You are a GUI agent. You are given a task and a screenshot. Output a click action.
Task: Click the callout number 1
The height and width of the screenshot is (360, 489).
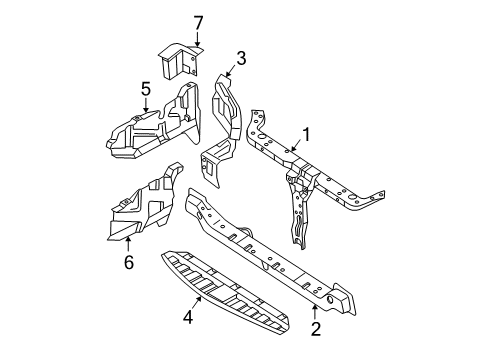(x=307, y=134)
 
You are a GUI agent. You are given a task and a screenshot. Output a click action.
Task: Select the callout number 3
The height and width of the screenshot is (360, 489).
(x=240, y=57)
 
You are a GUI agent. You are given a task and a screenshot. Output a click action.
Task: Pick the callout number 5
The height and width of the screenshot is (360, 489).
(x=145, y=89)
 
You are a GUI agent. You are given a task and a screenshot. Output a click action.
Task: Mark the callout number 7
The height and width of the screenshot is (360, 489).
(x=170, y=21)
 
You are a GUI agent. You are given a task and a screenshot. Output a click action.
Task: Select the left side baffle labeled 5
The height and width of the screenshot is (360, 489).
(x=150, y=130)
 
